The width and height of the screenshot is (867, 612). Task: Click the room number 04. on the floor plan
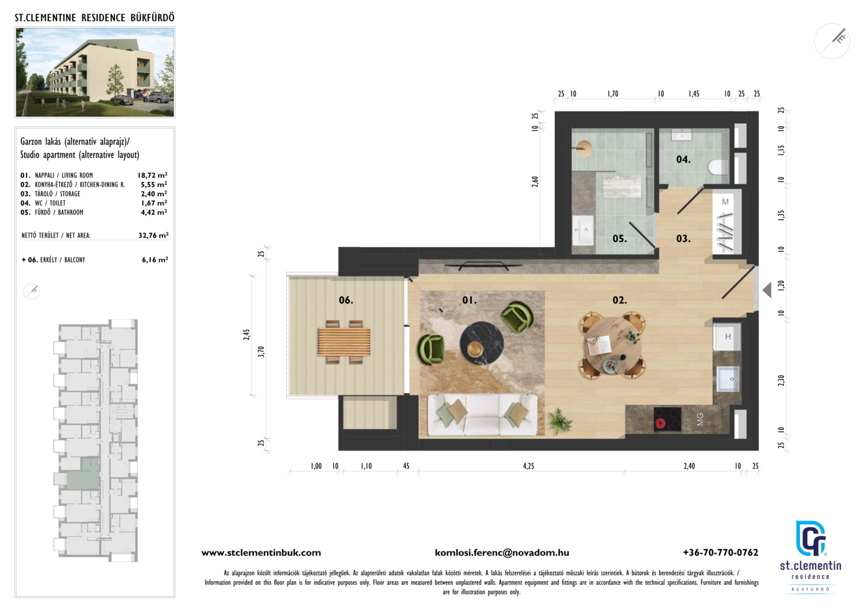click(x=683, y=160)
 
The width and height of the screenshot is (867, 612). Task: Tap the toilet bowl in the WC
click(x=719, y=168)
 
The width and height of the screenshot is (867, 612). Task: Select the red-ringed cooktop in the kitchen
click(x=668, y=419)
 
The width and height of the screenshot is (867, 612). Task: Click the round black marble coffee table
click(x=482, y=343)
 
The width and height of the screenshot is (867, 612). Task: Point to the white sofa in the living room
click(x=482, y=415)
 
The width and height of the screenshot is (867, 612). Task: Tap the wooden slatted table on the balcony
click(x=344, y=342)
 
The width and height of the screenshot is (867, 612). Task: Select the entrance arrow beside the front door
click(x=767, y=290)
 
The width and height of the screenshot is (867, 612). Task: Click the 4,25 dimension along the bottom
click(x=528, y=466)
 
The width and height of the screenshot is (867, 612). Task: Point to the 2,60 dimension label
click(x=535, y=182)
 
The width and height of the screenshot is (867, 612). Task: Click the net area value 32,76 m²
click(x=154, y=235)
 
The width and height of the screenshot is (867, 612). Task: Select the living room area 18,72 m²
click(x=152, y=175)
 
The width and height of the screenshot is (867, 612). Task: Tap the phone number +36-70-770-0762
click(x=720, y=553)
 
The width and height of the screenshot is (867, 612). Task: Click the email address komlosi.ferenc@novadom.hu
click(x=502, y=553)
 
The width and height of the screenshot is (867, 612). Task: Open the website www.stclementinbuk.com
click(x=261, y=553)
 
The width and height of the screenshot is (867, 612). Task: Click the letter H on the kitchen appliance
click(x=728, y=337)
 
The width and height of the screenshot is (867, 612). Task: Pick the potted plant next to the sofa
click(x=559, y=421)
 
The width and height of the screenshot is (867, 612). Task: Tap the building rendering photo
click(x=95, y=72)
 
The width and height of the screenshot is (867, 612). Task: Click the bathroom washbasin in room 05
click(x=583, y=230)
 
